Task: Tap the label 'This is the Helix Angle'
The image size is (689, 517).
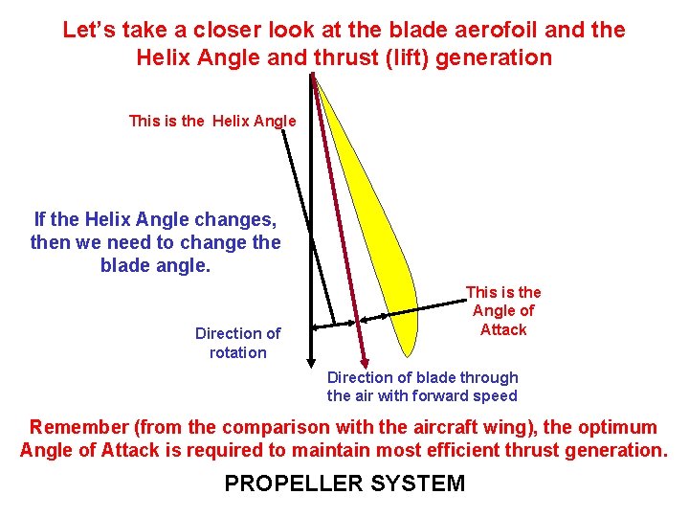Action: [212, 121]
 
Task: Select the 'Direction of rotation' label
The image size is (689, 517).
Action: [237, 343]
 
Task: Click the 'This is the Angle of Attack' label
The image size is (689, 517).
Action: [503, 310]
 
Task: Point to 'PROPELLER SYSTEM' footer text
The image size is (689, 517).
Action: [344, 483]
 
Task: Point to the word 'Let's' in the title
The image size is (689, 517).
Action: [89, 30]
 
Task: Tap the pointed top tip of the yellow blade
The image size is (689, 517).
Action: [316, 77]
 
